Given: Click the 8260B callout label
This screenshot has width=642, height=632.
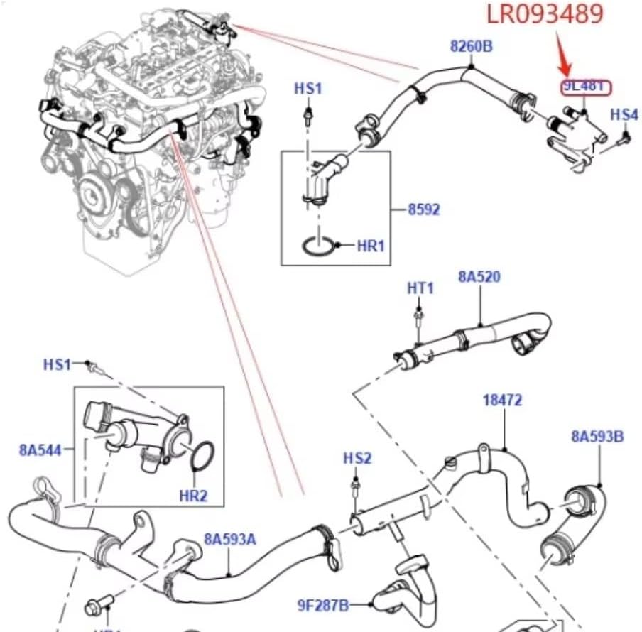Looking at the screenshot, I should pyautogui.click(x=472, y=47).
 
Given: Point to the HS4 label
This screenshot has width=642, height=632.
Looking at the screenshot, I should pyautogui.click(x=624, y=114).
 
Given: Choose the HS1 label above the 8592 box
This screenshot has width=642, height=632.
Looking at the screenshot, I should pyautogui.click(x=308, y=89).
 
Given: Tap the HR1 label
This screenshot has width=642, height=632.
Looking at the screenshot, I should pyautogui.click(x=371, y=246).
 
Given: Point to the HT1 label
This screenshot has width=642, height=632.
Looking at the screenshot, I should pyautogui.click(x=420, y=288).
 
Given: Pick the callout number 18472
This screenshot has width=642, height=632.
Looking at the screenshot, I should pyautogui.click(x=503, y=401).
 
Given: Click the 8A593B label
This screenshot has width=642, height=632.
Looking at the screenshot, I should pyautogui.click(x=597, y=436).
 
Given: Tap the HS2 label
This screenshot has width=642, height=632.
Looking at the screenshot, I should pyautogui.click(x=357, y=459).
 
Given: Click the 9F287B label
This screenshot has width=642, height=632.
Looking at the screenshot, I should pyautogui.click(x=323, y=605).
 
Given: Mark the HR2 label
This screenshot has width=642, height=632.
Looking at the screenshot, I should pyautogui.click(x=193, y=496).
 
